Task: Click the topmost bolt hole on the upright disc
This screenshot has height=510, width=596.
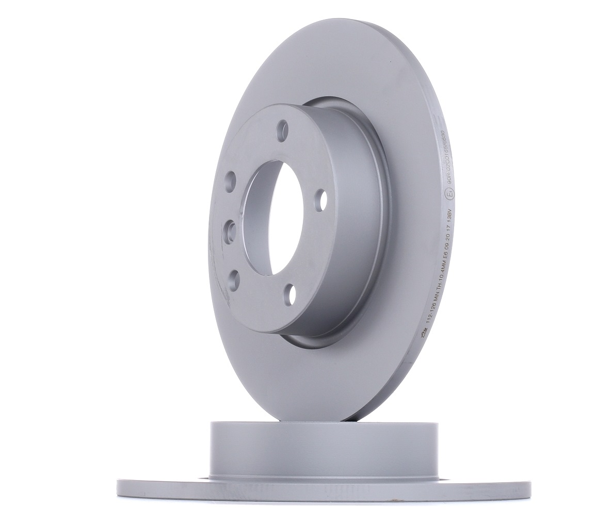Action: coord(282,130)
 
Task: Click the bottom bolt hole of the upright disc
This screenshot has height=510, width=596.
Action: coord(292,295)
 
